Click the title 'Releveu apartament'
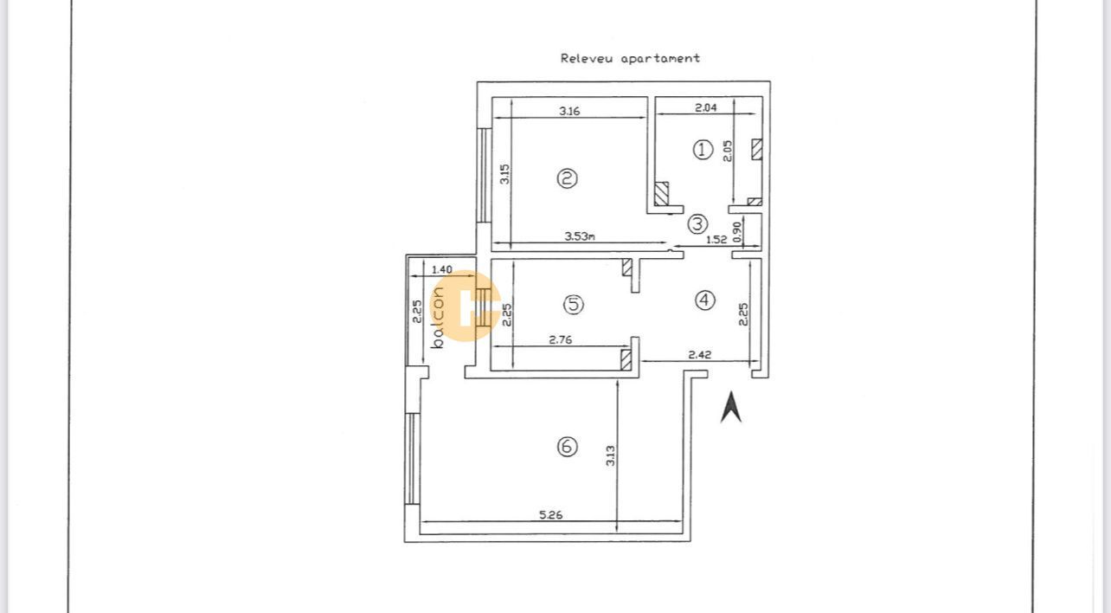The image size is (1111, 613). [x=630, y=58]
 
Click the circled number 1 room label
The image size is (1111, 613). [x=703, y=149]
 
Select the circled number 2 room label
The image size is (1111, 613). [x=567, y=177]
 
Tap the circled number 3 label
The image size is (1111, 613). [x=697, y=223]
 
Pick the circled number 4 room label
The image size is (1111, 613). [x=705, y=300]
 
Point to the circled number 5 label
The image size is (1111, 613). [x=573, y=304]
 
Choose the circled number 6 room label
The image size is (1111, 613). [x=567, y=447]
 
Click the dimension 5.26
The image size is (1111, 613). [x=550, y=514]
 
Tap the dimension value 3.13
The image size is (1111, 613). [x=610, y=455]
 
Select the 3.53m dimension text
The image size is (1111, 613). [x=579, y=236]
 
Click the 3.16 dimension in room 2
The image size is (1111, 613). [x=568, y=111]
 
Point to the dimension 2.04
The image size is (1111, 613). [x=706, y=108]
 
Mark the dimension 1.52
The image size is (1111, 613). [x=716, y=240]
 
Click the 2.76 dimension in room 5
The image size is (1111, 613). [x=560, y=340]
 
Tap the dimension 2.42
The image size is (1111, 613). [x=699, y=354]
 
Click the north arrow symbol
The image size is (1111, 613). [x=731, y=407]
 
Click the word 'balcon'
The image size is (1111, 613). [x=438, y=317]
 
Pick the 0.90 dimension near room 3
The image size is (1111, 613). [x=737, y=230]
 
